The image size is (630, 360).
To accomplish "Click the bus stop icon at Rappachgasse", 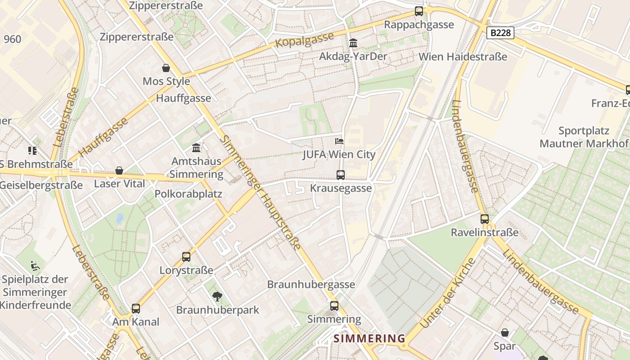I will click(x=419, y=11).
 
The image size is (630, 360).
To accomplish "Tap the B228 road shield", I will click(x=500, y=33).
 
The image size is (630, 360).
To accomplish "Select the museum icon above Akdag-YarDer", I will click(x=353, y=43).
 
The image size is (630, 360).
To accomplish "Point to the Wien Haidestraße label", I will click(x=463, y=57).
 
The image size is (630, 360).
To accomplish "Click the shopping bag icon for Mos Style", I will click(x=166, y=68).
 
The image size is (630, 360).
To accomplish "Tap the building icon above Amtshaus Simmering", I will click(x=196, y=148).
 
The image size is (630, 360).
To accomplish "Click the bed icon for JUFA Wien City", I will click(x=339, y=141).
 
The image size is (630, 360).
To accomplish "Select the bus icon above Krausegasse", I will click(x=341, y=175).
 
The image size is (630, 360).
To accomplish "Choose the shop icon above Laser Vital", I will click(x=119, y=171).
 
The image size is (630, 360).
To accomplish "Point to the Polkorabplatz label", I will click(x=188, y=194).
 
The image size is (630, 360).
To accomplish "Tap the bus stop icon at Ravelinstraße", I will click(x=485, y=219).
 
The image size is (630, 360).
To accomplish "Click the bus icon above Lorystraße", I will click(x=186, y=257).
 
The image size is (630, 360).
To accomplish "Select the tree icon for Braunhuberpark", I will click(x=217, y=296).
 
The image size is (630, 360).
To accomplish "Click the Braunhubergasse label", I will click(x=311, y=284).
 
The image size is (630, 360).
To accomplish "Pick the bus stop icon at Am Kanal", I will click(x=136, y=309).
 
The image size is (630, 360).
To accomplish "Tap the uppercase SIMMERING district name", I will click(x=369, y=338).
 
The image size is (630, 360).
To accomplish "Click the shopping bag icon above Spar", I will click(x=505, y=333).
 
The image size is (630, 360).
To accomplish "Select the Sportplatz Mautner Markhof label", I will click(x=584, y=137).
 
